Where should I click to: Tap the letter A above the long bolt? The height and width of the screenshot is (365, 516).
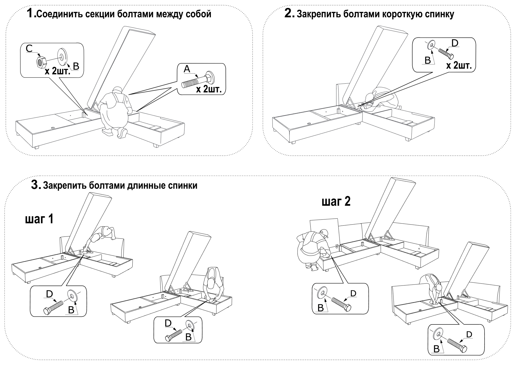(x=187, y=69)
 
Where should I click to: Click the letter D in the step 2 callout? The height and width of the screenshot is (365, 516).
(x=455, y=43)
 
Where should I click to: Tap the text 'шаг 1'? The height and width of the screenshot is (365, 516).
(x=39, y=219)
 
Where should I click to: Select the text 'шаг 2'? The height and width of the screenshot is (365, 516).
(x=336, y=202)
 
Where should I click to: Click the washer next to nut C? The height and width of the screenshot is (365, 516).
(x=62, y=56)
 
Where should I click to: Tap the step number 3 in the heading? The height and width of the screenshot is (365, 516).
(x=36, y=185)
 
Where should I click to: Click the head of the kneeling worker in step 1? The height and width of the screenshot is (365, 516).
(x=117, y=90)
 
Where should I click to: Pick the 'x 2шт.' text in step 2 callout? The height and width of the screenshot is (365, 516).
(x=459, y=66)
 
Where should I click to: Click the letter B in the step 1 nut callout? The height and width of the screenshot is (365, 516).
(x=76, y=66)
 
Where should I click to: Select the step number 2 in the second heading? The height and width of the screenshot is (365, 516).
(x=289, y=13)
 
